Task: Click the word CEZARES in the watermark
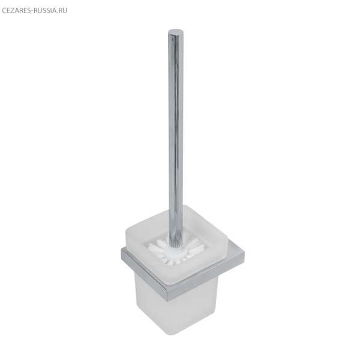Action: point(16,11)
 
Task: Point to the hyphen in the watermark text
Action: point(32,11)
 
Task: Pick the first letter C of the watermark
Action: point(4,11)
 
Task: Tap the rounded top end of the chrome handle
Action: point(176,32)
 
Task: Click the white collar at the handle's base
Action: point(176,248)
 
